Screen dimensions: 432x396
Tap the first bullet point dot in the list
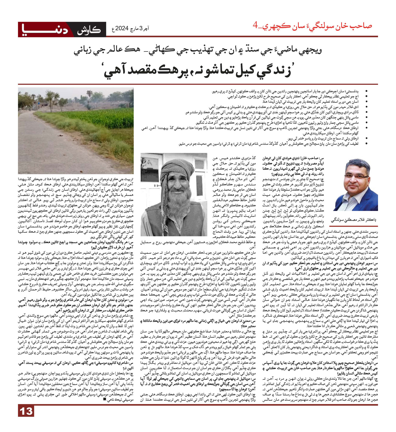click(x=366, y=91)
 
